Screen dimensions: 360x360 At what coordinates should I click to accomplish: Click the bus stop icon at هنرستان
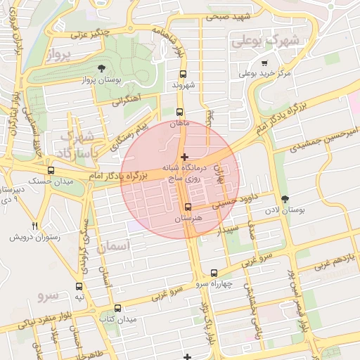(x=188, y=207)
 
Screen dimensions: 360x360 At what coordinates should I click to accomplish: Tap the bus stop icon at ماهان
(x=180, y=112)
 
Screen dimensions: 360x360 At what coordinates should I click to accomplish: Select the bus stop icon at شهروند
(x=183, y=74)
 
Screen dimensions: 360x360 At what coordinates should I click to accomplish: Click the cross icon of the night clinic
(x=184, y=157)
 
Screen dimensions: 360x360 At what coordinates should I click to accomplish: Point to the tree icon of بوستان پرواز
(x=102, y=68)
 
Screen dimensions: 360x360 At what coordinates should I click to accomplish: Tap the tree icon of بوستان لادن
(x=284, y=199)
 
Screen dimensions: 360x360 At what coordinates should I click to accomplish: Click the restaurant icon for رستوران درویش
(x=34, y=226)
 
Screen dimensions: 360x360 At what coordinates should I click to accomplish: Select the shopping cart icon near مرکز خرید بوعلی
(x=264, y=63)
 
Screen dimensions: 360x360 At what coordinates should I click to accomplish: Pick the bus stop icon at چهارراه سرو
(x=214, y=273)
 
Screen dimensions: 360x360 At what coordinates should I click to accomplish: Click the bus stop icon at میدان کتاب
(x=117, y=308)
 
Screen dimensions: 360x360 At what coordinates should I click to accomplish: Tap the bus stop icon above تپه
(x=79, y=286)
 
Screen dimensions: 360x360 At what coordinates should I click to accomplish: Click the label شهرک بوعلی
(x=266, y=41)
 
